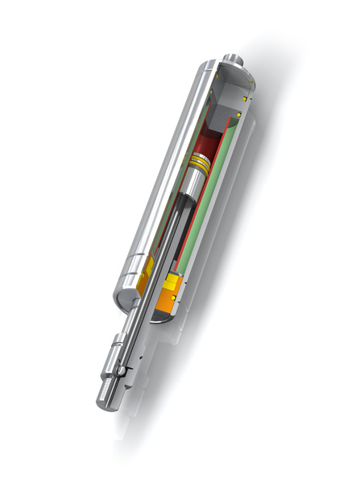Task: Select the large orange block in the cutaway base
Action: pyautogui.click(x=172, y=301)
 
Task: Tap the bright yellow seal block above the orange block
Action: pyautogui.click(x=175, y=283)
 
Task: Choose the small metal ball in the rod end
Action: pyautogui.click(x=122, y=370)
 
